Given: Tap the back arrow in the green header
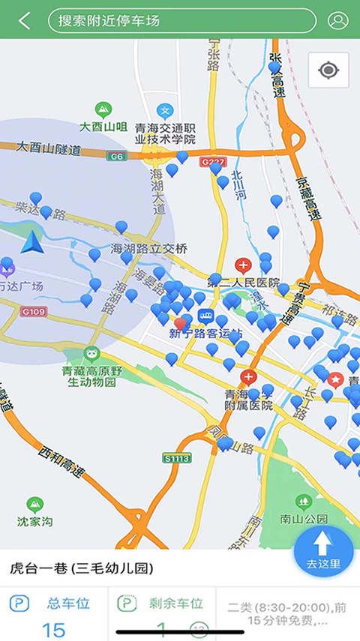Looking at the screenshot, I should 25,21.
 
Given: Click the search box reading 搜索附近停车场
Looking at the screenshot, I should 181,21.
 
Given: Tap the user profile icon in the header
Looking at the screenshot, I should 337,21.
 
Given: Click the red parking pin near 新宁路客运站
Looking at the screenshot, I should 180,324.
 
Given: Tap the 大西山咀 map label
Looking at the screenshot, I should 103,127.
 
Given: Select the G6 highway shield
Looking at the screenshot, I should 115,156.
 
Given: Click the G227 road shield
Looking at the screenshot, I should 211,161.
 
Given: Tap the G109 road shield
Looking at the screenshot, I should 34,310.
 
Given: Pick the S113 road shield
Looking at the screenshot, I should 177,457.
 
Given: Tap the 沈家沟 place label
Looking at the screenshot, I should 35,520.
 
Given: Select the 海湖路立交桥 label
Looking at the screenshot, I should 148,248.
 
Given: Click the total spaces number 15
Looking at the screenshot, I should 53,628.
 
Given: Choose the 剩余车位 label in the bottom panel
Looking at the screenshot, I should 175,603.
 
